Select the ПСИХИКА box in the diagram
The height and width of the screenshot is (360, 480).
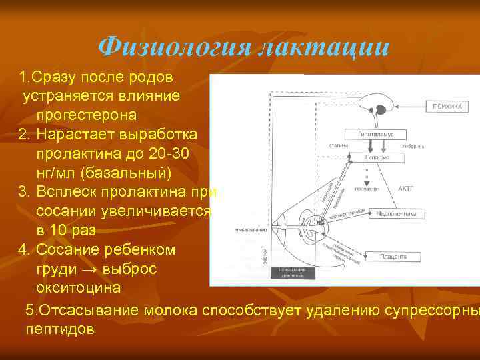447,106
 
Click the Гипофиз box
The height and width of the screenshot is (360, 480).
377,157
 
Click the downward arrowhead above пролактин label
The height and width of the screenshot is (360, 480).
365,182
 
